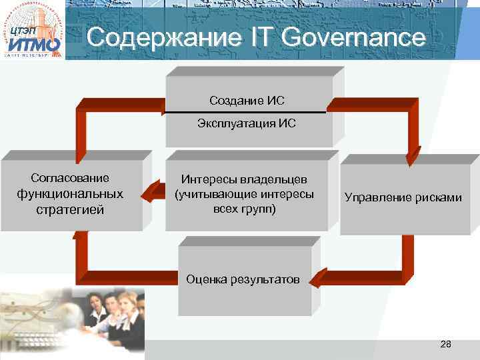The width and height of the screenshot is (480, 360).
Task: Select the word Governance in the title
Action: tap(353, 37)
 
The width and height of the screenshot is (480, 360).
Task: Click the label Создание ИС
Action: tap(247, 101)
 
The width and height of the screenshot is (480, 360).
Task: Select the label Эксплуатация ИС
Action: tap(247, 123)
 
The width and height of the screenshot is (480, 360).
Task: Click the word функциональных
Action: tap(71, 194)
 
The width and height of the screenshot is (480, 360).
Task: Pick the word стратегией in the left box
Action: tap(71, 211)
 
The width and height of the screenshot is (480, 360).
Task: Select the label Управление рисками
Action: tap(403, 197)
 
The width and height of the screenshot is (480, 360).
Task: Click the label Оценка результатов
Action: tap(243, 279)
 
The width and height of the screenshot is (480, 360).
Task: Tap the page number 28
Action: tap(446, 344)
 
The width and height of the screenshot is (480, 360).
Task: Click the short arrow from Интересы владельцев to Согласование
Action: tap(155, 193)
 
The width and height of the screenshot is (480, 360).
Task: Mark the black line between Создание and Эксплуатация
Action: tap(247, 113)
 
